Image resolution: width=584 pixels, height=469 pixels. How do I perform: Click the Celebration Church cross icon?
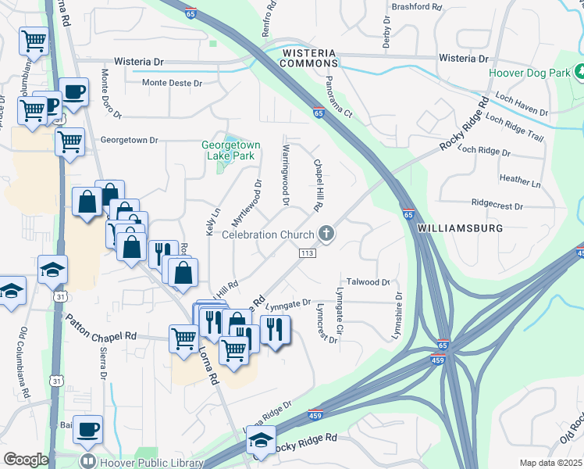[x=326, y=234]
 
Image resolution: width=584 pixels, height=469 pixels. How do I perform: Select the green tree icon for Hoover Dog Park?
[x=580, y=72]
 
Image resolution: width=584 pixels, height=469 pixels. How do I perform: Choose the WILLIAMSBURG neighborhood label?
[x=457, y=229]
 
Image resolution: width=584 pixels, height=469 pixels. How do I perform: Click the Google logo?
[x=25, y=460]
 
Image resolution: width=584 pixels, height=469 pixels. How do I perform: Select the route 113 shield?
[x=307, y=252]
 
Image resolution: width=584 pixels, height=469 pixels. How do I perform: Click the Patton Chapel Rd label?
[x=101, y=327]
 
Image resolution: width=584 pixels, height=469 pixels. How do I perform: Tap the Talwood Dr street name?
[x=369, y=282]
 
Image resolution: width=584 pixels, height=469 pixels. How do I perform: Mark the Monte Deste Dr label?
[x=172, y=83]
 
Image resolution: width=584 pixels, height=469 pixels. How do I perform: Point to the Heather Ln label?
[x=520, y=181]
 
